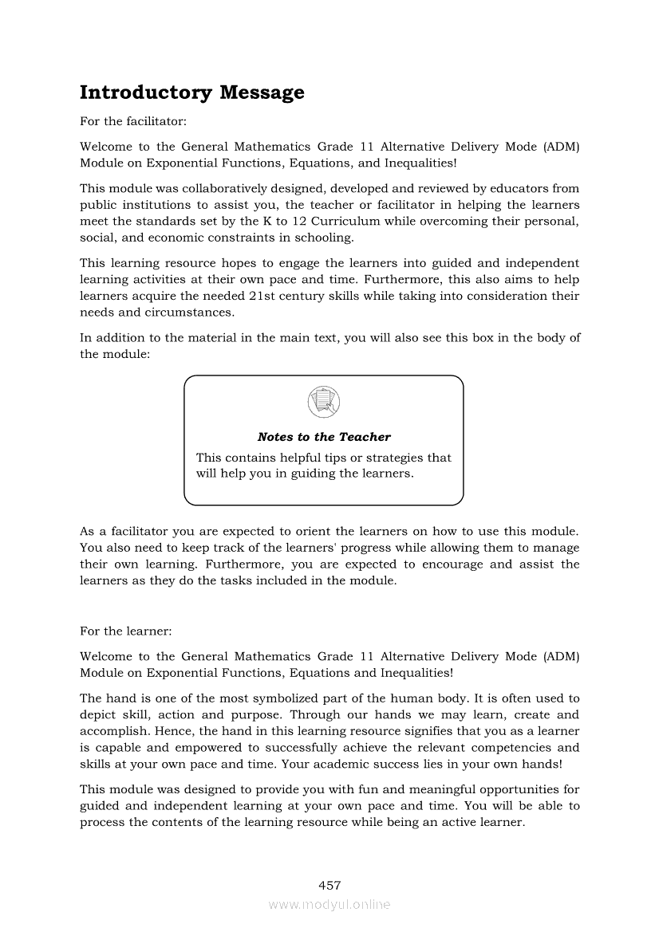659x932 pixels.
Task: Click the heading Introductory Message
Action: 191,92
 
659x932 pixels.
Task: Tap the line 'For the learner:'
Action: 125,631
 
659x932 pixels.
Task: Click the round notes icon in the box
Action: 323,401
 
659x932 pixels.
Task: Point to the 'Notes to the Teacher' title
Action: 324,437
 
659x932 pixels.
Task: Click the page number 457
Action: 329,885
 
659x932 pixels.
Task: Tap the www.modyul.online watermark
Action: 329,904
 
